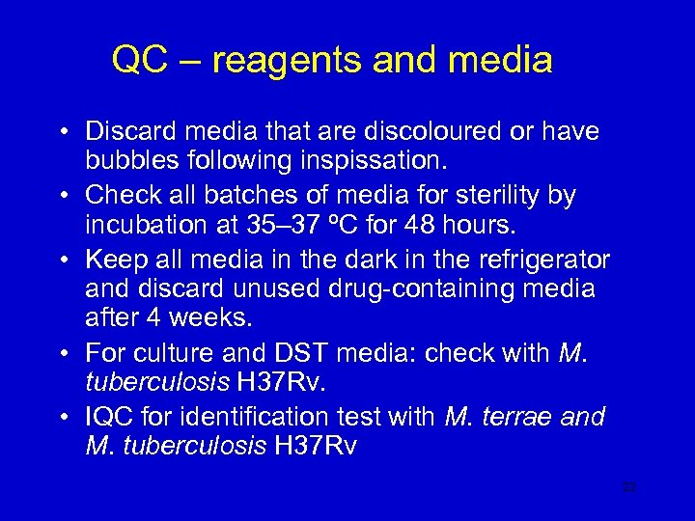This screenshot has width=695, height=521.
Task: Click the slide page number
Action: [x=629, y=488]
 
